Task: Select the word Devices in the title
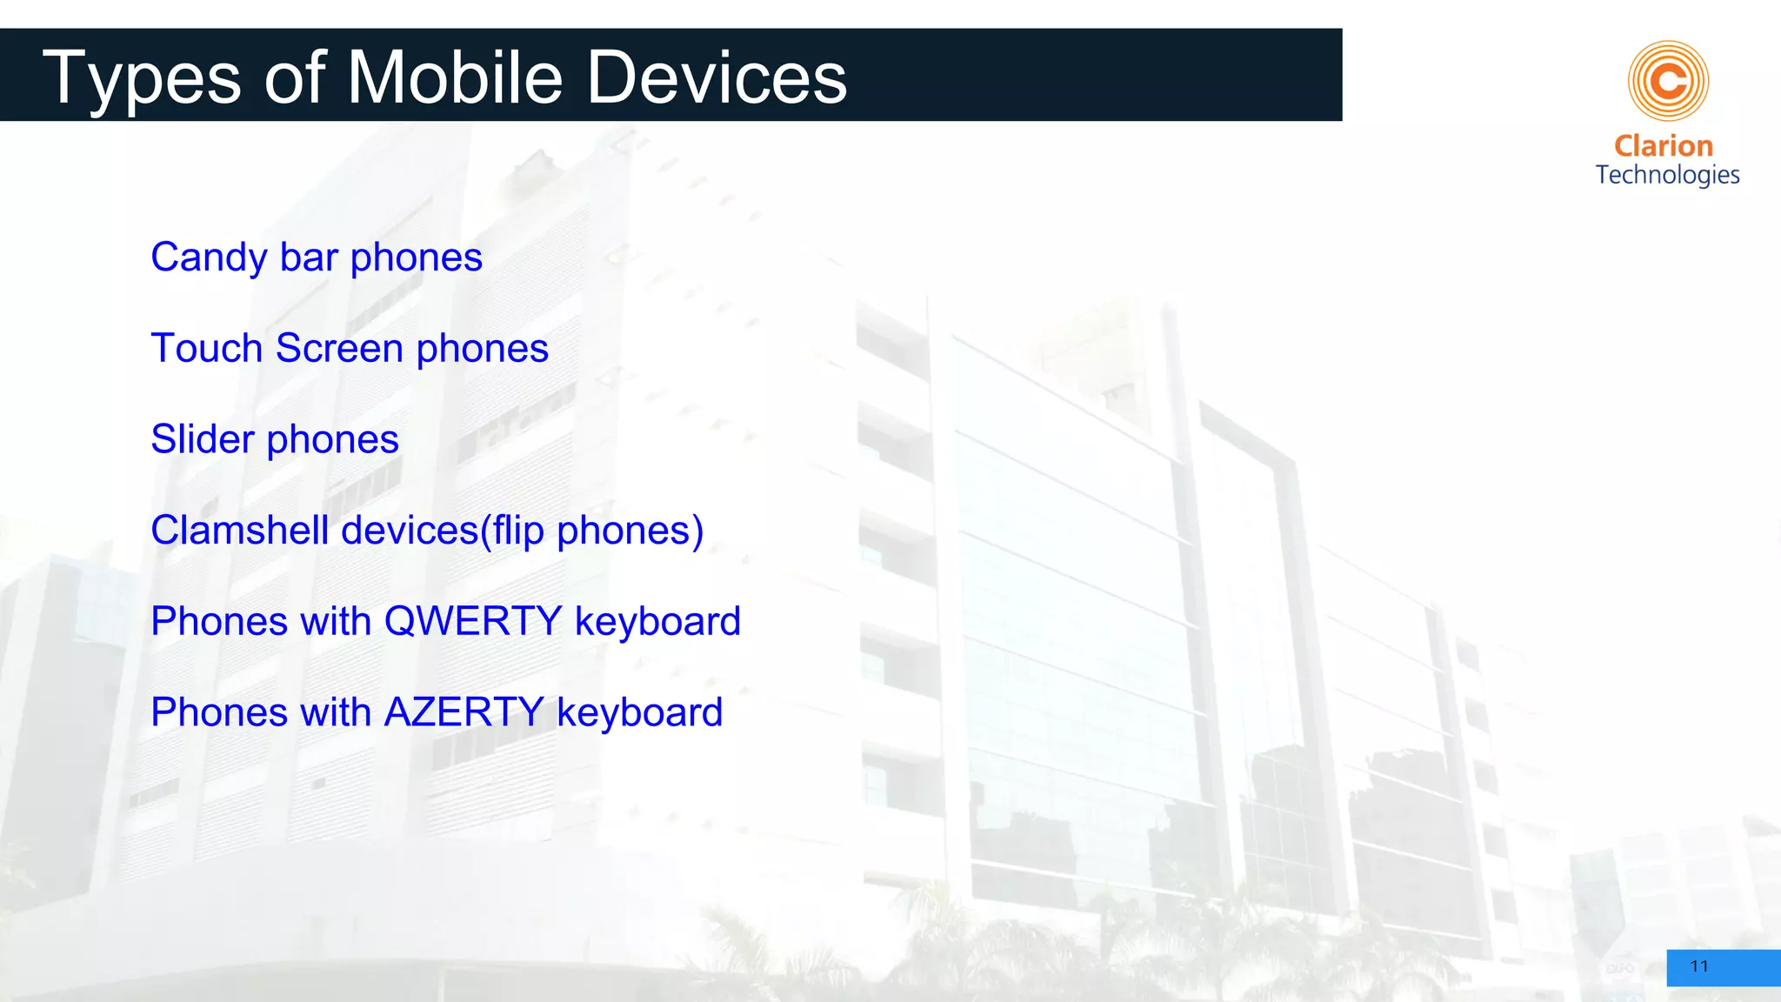pyautogui.click(x=717, y=78)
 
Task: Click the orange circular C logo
pyautogui.click(x=1668, y=81)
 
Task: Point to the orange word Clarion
pyautogui.click(x=1664, y=146)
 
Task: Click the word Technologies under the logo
pyautogui.click(x=1667, y=176)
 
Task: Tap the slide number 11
pyautogui.click(x=1699, y=966)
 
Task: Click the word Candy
pyautogui.click(x=209, y=258)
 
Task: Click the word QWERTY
pyautogui.click(x=473, y=622)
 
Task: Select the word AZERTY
pyautogui.click(x=464, y=712)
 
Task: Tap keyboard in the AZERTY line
pyautogui.click(x=639, y=713)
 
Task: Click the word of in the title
pyautogui.click(x=294, y=78)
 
